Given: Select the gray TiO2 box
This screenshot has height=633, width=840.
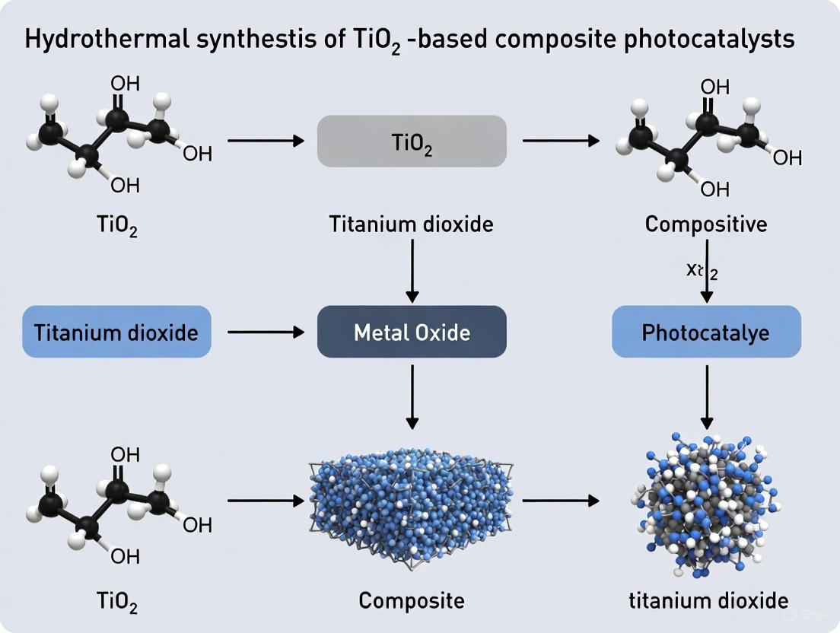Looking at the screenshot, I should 412,141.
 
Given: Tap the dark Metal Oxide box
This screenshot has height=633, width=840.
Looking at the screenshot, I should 412,332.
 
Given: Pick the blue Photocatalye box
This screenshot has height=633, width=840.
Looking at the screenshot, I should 706,332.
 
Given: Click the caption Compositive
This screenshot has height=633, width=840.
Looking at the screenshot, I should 706,224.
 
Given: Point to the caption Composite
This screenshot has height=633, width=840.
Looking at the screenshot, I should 412,600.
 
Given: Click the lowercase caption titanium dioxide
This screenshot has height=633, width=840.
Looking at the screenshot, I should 708,600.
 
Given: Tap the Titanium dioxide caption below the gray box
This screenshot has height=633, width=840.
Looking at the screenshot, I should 412,224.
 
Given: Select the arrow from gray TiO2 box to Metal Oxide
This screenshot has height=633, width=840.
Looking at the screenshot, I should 412,270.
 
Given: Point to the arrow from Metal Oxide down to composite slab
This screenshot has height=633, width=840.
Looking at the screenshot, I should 412,395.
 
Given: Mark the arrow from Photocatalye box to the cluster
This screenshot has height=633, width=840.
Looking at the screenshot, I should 707,396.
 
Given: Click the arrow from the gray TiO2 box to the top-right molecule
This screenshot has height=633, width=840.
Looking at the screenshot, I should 560,141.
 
